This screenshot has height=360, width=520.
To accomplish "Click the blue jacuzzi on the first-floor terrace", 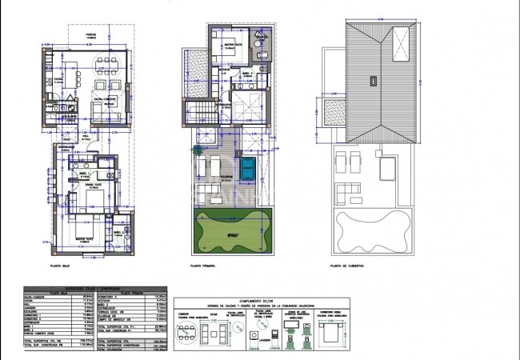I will (248, 169).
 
